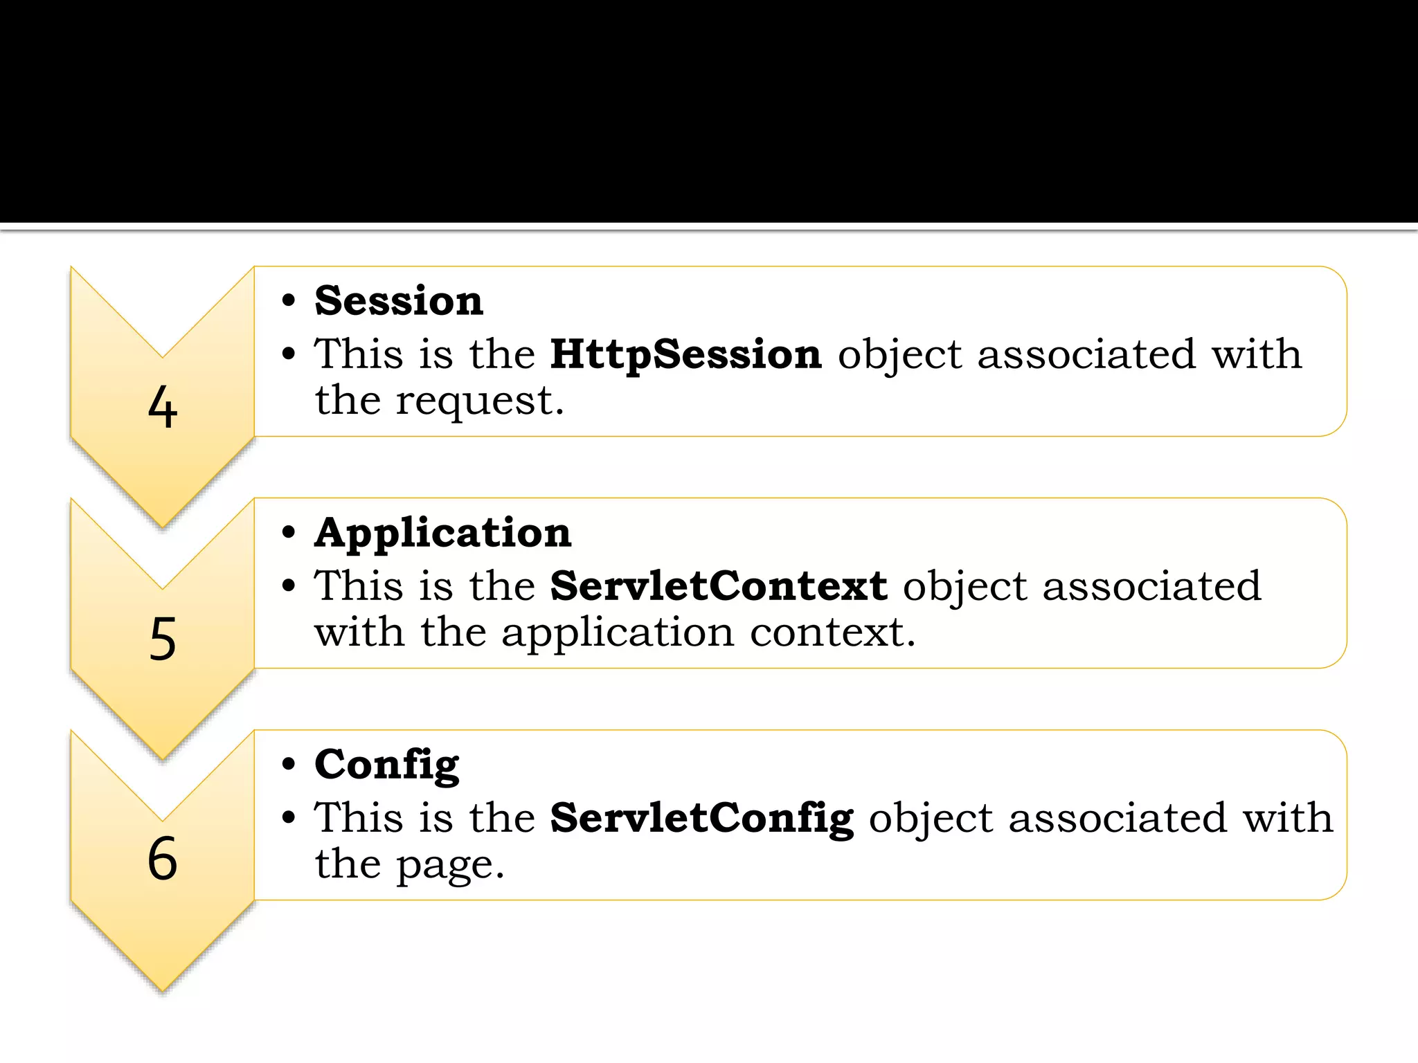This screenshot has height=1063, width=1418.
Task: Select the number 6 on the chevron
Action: [x=163, y=858]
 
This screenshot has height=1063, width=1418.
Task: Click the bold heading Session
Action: [x=399, y=301]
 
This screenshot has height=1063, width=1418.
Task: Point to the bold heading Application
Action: [x=442, y=534]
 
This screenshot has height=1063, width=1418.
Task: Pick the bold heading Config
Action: [x=386, y=765]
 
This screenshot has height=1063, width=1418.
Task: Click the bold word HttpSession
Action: [x=685, y=354]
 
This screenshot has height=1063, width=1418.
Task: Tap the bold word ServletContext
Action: [x=718, y=586]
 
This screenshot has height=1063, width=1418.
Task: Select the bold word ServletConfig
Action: [x=701, y=819]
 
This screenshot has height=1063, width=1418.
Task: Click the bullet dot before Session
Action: [x=289, y=302]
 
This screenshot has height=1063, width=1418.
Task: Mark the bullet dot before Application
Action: [x=289, y=534]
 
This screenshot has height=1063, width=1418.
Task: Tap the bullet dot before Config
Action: [x=289, y=765]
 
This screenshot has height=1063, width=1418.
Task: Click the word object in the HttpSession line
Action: [x=899, y=356]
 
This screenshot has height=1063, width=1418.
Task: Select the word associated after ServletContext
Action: [x=1151, y=587]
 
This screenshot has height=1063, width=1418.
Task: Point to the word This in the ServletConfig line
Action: [x=359, y=818]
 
